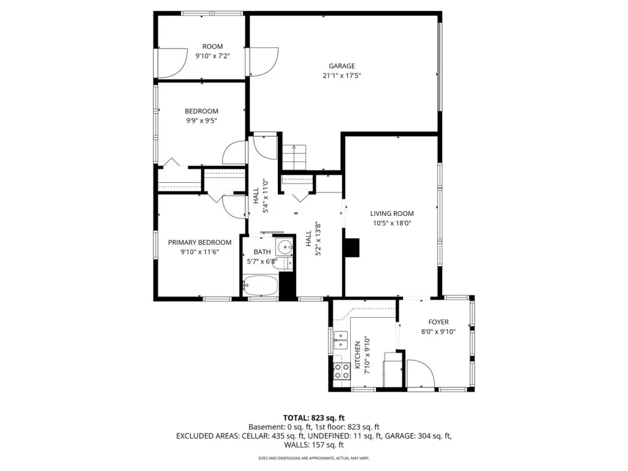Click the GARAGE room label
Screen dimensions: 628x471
click(342, 66)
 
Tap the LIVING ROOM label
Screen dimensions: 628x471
click(392, 214)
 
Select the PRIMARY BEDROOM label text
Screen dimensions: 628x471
click(199, 242)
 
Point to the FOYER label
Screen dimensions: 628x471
click(438, 322)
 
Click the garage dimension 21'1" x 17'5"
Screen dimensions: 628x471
click(342, 75)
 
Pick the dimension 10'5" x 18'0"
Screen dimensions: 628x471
click(392, 223)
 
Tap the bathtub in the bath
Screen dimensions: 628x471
click(260, 285)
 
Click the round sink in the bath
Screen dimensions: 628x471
click(285, 247)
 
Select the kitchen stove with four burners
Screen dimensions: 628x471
click(342, 371)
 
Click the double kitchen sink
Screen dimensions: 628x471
click(340, 340)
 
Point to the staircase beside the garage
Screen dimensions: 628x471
click(294, 158)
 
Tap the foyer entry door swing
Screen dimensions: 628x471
click(421, 373)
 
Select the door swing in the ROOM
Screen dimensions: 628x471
click(172, 63)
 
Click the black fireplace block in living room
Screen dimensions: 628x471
click(352, 248)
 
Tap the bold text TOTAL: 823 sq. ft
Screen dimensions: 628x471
click(313, 418)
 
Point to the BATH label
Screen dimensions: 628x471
click(262, 252)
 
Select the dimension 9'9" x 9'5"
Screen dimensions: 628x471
click(201, 121)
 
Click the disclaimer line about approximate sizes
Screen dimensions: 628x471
click(313, 458)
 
